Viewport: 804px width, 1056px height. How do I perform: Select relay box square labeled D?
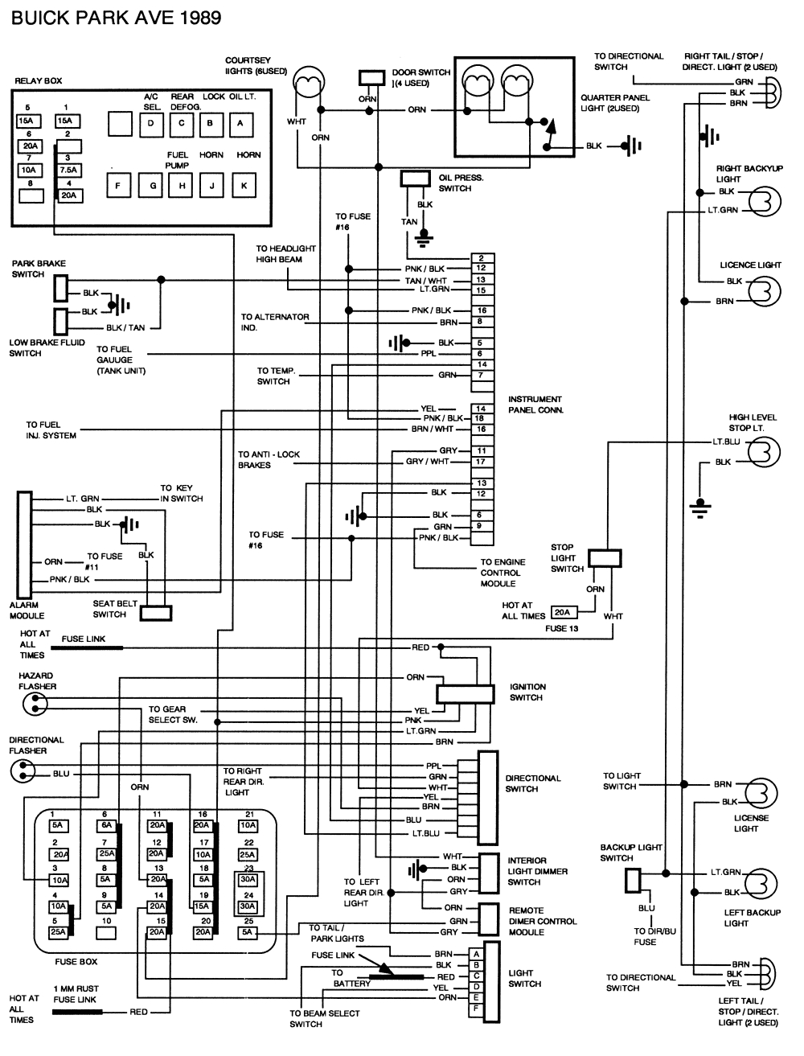[x=150, y=123]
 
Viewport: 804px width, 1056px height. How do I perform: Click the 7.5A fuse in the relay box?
[x=68, y=170]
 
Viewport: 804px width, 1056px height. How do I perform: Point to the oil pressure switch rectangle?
[x=415, y=178]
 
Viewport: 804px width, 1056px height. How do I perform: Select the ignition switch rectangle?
[x=465, y=693]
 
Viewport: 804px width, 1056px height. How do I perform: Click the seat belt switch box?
[x=155, y=613]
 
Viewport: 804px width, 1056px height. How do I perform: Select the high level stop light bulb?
[x=764, y=451]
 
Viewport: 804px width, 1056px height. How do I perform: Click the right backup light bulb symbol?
[x=764, y=201]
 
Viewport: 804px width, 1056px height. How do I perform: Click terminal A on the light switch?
[x=477, y=953]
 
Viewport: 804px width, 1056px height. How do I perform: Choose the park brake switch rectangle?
[x=61, y=287]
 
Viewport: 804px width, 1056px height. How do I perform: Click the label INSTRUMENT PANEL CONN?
[x=535, y=405]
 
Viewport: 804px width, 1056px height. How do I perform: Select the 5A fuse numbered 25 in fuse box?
[x=248, y=932]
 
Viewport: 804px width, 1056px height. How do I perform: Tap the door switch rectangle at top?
[x=372, y=77]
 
